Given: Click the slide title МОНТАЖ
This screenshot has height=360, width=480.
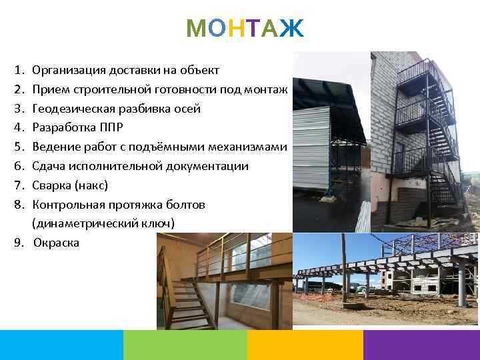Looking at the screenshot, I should pos(245,29).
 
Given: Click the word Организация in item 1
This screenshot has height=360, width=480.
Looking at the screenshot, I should pos(67,69).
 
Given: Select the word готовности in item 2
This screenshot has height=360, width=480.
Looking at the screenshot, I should pos(189,89).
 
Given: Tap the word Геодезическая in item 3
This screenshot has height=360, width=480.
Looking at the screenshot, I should pos(73,108).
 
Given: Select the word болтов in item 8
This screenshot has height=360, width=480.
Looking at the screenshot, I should pos(189,204).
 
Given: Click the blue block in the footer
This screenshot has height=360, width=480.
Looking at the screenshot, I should pos(61,345).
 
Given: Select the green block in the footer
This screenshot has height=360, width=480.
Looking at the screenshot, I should pos(185,345).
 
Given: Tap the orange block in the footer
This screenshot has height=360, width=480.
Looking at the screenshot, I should pos(305,345).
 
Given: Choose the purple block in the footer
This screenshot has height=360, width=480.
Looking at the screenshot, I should pos(421,345).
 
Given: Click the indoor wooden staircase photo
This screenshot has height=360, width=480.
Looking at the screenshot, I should pos(224,281).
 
